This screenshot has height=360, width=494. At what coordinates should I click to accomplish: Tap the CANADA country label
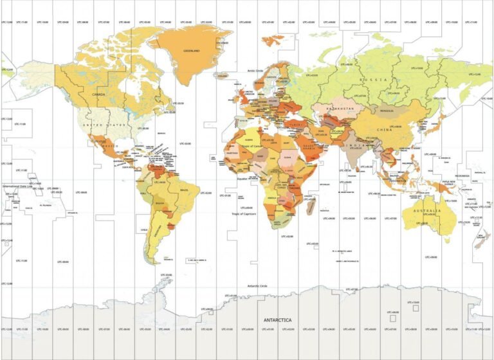click(x=99, y=94)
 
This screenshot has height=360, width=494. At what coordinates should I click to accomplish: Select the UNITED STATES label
click(x=104, y=125)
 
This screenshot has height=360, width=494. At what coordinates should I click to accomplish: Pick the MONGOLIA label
click(x=386, y=111)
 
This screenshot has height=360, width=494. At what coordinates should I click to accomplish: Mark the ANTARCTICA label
click(x=277, y=319)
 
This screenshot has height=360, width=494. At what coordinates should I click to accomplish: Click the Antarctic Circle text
click(x=258, y=285)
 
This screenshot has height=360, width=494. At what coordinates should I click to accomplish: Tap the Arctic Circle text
click(x=257, y=71)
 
